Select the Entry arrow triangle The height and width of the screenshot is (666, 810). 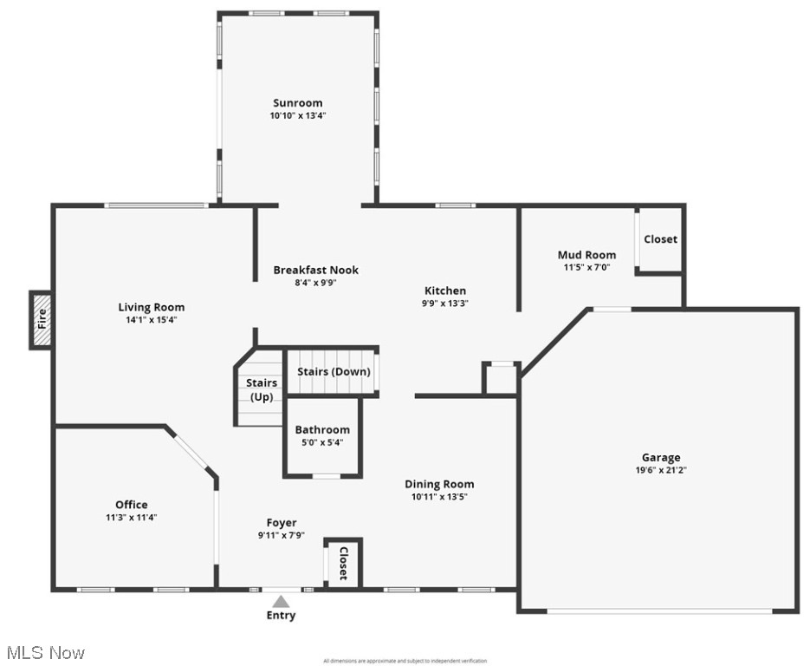point(280,600)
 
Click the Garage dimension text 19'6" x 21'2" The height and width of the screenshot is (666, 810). point(660,470)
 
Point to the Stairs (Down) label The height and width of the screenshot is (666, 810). point(334,371)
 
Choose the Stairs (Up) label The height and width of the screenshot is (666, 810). point(262,389)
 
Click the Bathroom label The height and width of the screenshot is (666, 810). point(322,429)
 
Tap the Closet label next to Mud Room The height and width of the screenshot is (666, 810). point(660,238)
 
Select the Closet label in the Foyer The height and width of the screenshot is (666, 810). point(343,564)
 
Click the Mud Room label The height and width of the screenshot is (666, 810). point(586,255)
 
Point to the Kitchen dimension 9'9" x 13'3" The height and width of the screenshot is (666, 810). point(444,304)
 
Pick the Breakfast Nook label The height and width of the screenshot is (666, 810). point(315,270)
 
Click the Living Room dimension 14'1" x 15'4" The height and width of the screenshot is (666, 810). point(151,320)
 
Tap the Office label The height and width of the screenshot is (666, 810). point(131,505)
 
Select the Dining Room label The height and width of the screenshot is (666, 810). point(439,484)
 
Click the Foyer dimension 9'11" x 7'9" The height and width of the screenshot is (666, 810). point(281,535)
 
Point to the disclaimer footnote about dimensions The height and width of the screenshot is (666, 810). point(405,661)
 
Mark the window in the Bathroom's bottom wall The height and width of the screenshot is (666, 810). point(326,476)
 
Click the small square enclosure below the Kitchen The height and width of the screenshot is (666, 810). point(501,379)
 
